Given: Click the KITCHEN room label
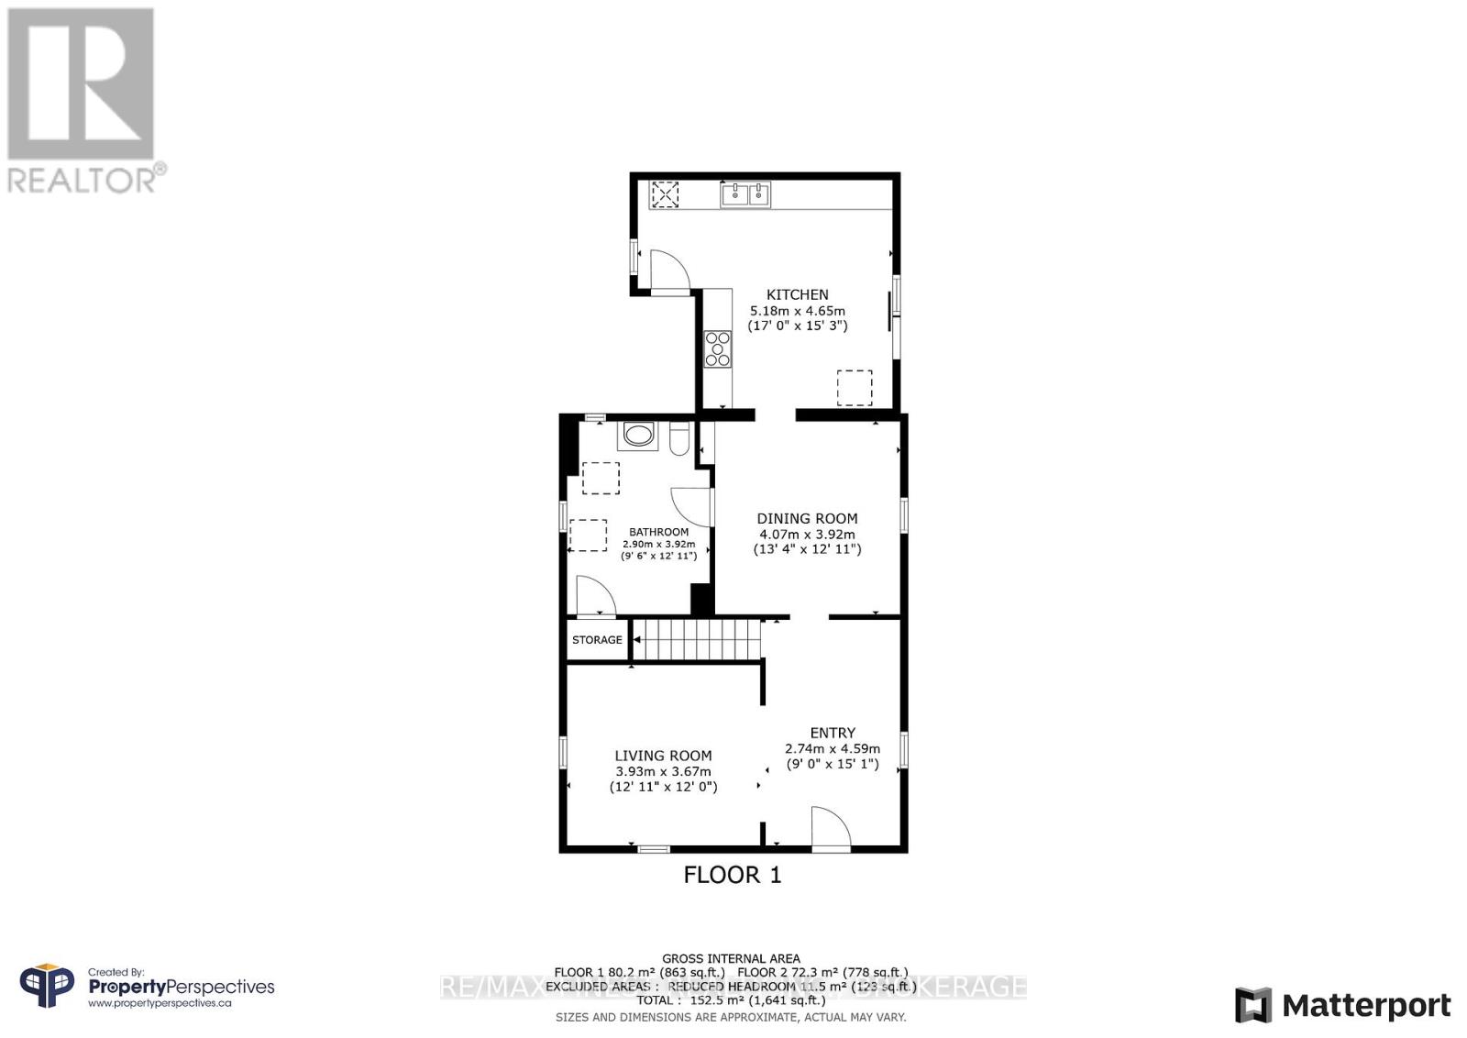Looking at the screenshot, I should pyautogui.click(x=797, y=294).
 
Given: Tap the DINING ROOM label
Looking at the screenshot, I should pyautogui.click(x=807, y=518).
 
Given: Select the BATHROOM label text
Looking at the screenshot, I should pyautogui.click(x=658, y=532).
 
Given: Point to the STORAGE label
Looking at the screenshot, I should pyautogui.click(x=597, y=640).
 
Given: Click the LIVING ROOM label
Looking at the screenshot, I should pyautogui.click(x=663, y=756).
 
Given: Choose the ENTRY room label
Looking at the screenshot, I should pyautogui.click(x=833, y=733).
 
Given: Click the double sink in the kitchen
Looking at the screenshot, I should pyautogui.click(x=745, y=194).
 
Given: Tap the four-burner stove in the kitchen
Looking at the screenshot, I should pyautogui.click(x=717, y=349).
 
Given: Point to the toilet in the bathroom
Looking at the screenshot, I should pyautogui.click(x=679, y=439).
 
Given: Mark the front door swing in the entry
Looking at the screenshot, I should pyautogui.click(x=830, y=827).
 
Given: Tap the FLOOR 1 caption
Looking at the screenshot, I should pyautogui.click(x=733, y=875).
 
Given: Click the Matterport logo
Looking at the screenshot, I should pyautogui.click(x=1342, y=1006).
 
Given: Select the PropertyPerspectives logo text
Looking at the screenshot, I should pyautogui.click(x=181, y=987).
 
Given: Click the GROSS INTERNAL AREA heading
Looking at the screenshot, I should pyautogui.click(x=731, y=958).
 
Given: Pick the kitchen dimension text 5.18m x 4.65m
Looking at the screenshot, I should pyautogui.click(x=797, y=311).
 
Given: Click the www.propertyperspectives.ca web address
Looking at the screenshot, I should pyautogui.click(x=160, y=1003).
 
